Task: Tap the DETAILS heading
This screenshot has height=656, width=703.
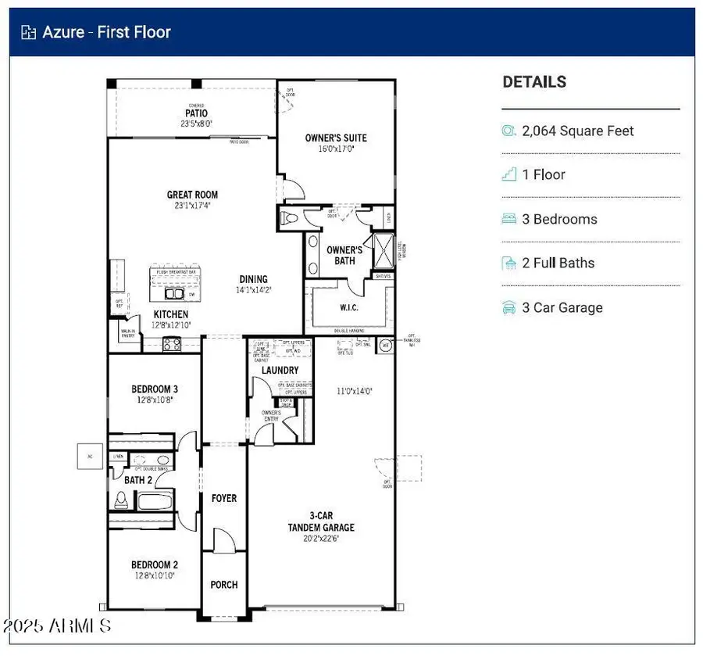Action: (534, 82)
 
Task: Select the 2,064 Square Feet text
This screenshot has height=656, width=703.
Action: (578, 131)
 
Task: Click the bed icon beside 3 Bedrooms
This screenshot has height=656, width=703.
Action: (509, 219)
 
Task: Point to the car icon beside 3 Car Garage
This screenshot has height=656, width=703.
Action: (509, 307)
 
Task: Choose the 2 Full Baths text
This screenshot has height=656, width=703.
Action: (558, 263)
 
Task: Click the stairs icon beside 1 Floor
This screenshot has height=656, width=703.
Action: (509, 175)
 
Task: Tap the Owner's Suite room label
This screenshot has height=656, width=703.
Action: (335, 138)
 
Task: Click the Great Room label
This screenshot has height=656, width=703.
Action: (192, 195)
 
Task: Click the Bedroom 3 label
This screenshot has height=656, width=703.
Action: (154, 389)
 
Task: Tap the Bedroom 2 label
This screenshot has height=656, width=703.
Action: (154, 565)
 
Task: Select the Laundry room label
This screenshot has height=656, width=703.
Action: (280, 370)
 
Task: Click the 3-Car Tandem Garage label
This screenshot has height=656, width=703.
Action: (321, 522)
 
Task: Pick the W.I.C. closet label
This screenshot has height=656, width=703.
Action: (348, 307)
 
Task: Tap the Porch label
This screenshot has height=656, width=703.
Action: (224, 585)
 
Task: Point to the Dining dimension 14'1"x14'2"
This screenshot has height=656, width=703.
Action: (253, 289)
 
